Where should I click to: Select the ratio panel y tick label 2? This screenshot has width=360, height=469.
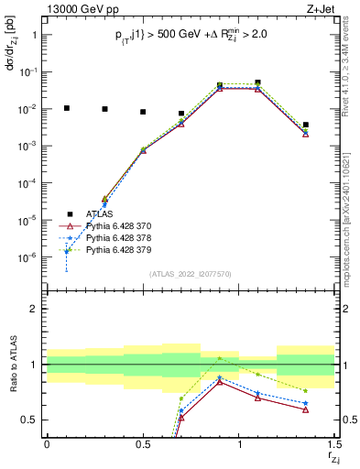click(x=32, y=309)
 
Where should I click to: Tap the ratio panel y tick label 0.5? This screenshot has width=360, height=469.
click(x=30, y=420)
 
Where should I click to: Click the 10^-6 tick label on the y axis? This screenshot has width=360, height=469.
click(x=27, y=257)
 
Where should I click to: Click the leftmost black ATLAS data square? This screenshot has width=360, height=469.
click(x=66, y=108)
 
